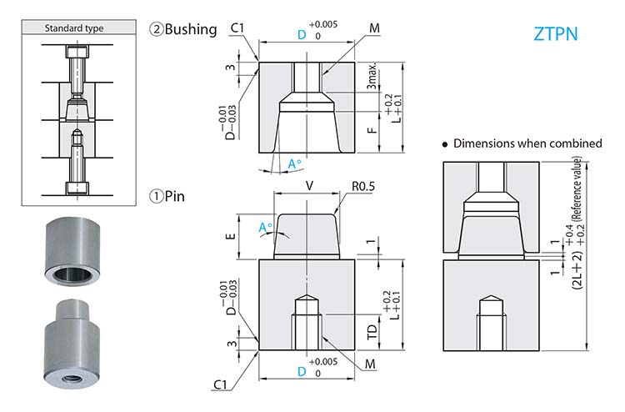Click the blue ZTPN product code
(x=555, y=35)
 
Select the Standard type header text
(x=74, y=28)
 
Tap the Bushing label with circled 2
(x=182, y=29)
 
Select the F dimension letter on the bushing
(x=372, y=130)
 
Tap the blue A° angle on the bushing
(x=294, y=164)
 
